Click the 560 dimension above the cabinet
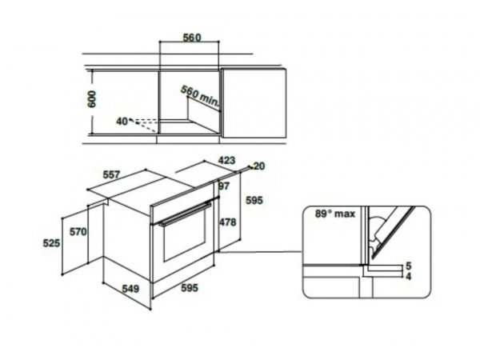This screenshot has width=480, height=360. pos(192,38)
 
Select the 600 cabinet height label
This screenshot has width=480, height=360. pos(91,99)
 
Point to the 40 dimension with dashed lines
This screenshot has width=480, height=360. pos(122,122)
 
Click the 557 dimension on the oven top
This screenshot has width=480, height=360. pos(112,174)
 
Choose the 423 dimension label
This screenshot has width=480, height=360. pos(226,160)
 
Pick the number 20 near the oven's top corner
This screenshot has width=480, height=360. pos(259,166)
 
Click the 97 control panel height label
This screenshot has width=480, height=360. pos(224,186)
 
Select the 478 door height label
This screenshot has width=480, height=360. pos(227,222)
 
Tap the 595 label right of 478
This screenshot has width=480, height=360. pos(254,200)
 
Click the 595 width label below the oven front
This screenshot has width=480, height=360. pos(190,288)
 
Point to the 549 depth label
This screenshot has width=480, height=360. pos(130,289)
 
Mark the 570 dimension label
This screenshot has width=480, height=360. pos(78,232)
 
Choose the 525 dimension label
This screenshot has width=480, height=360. pos(51,243)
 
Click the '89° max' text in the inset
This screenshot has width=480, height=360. pos(335,214)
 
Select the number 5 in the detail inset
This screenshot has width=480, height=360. pos(408,266)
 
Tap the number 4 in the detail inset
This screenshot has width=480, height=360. pos(408,277)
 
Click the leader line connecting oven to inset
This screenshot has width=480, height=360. pos(261,252)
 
